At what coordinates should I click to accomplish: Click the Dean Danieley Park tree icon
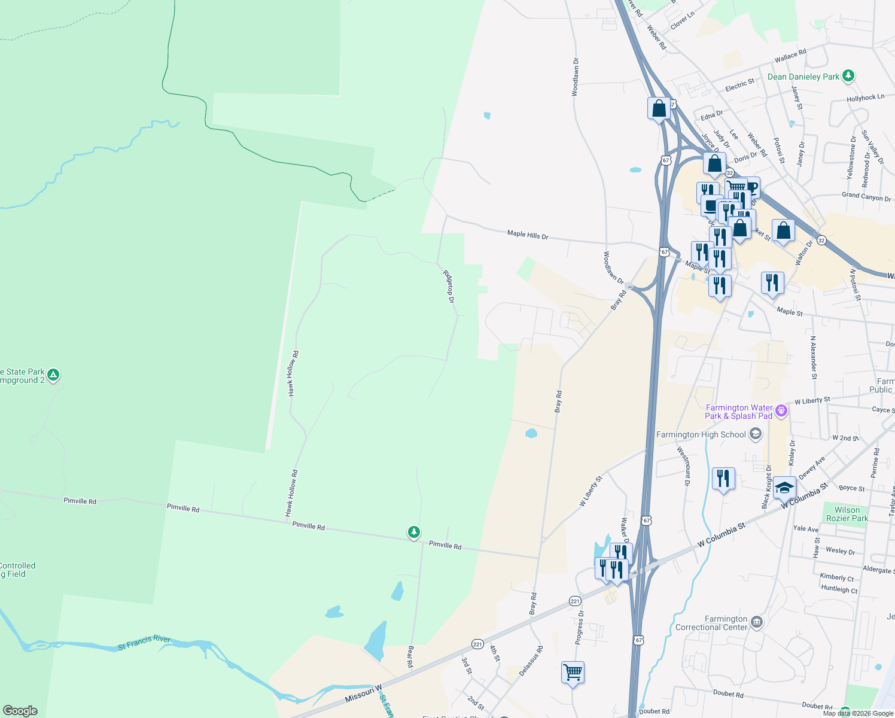(848, 76)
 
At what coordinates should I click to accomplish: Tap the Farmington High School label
(701, 434)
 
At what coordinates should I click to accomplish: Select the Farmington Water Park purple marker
(781, 411)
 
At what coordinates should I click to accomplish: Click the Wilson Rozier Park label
(847, 514)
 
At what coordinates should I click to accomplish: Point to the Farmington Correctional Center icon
(757, 622)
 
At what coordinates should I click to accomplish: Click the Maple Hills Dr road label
(528, 235)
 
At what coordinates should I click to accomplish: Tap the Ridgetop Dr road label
(449, 286)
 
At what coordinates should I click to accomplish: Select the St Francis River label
(144, 643)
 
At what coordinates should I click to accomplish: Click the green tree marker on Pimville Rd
(413, 532)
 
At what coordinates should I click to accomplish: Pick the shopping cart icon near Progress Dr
(573, 673)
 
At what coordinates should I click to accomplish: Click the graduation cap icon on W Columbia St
(784, 488)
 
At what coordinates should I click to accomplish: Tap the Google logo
(20, 711)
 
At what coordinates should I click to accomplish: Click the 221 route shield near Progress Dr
(575, 601)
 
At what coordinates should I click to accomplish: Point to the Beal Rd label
(410, 656)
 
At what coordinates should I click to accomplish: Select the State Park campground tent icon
(53, 375)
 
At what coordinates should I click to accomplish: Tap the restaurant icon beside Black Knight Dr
(723, 479)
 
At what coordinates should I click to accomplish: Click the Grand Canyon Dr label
(866, 196)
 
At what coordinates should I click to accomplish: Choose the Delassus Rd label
(531, 661)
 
